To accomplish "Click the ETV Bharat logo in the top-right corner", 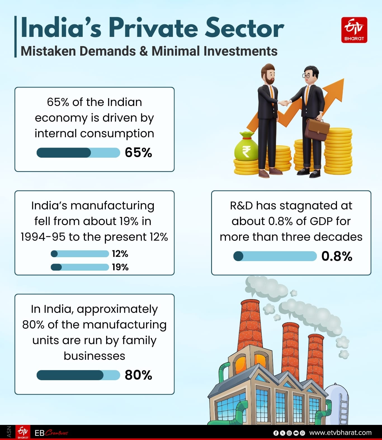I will pos(354,30).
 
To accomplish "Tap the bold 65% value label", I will pos(138,153).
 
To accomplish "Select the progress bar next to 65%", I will pos(78,153).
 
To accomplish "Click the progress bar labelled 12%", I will pos(80,254).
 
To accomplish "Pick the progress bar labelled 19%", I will pos(80,267).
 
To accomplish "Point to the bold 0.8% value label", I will pos(337,256).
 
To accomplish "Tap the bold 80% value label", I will pos(138,375).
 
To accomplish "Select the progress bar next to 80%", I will pos(78,375).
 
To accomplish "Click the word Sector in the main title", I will pos(244,28).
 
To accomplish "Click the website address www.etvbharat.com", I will pos(340,433).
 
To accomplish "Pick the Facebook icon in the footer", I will pos(276,433).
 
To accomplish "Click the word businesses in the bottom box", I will pos(94,356).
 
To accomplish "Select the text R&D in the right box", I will pos(241,206).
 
